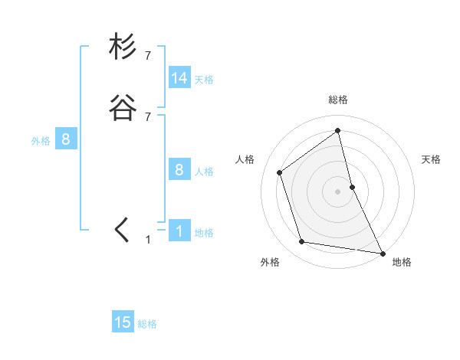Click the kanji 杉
[x=123, y=47]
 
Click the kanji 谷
[x=123, y=108]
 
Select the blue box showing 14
[x=179, y=78]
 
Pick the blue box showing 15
[x=123, y=322]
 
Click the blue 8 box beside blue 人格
[x=179, y=170]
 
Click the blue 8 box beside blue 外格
[x=66, y=139]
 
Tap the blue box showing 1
[x=179, y=231]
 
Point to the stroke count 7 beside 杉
[x=148, y=56]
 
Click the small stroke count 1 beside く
[x=148, y=240]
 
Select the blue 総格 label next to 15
[x=147, y=324]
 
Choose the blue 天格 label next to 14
[x=204, y=80]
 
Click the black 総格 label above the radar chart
[x=338, y=100]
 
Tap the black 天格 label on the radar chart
[x=432, y=159]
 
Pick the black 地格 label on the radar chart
[x=402, y=262]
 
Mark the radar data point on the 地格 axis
[x=382, y=252]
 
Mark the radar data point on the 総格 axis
[x=338, y=130]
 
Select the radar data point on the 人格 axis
[x=280, y=172]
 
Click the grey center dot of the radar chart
[x=338, y=191]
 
